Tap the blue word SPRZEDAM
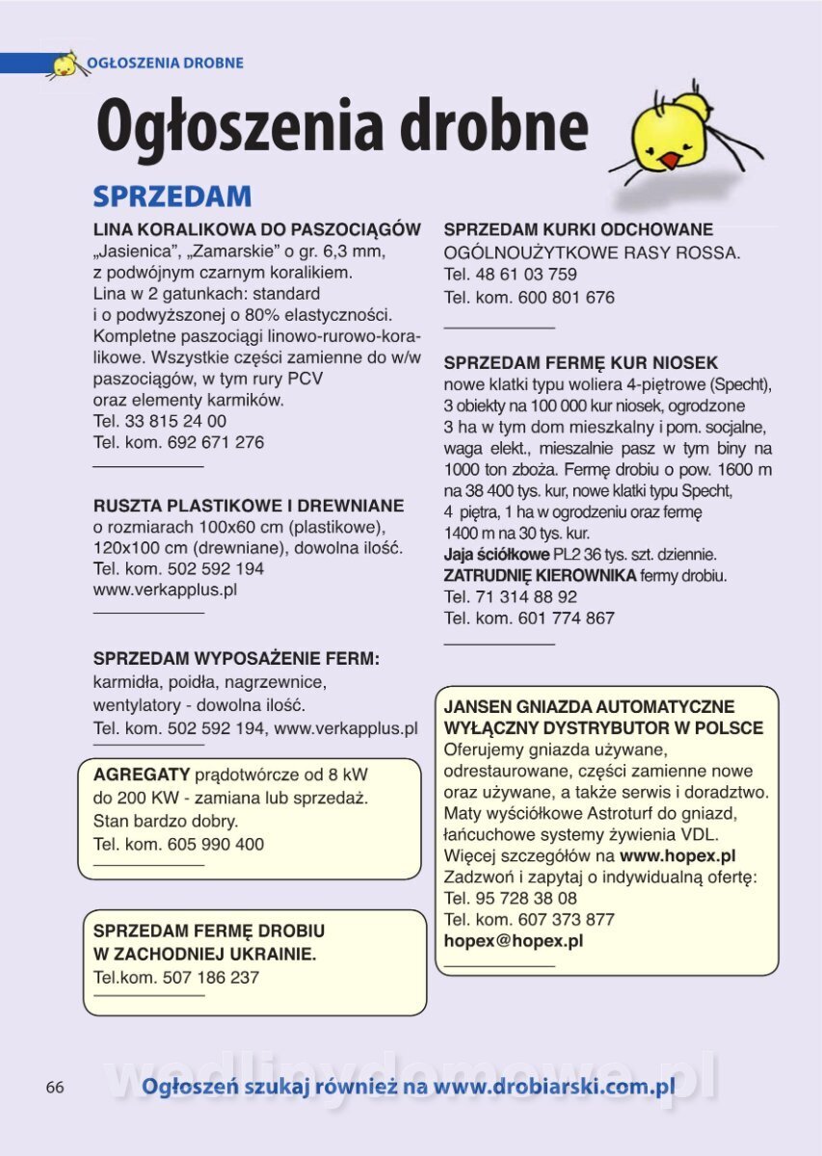(172, 197)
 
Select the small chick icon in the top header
(65, 65)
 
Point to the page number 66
(55, 1087)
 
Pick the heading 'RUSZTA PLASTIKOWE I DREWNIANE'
(249, 506)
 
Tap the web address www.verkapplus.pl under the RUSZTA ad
(165, 589)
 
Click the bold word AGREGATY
(142, 775)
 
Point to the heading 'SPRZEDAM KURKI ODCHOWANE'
(578, 230)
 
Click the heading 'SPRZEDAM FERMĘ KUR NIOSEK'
(581, 363)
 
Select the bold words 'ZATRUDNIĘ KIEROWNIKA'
(540, 575)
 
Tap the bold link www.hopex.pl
(677, 855)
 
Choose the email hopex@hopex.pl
(514, 941)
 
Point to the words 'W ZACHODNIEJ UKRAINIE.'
(204, 955)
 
